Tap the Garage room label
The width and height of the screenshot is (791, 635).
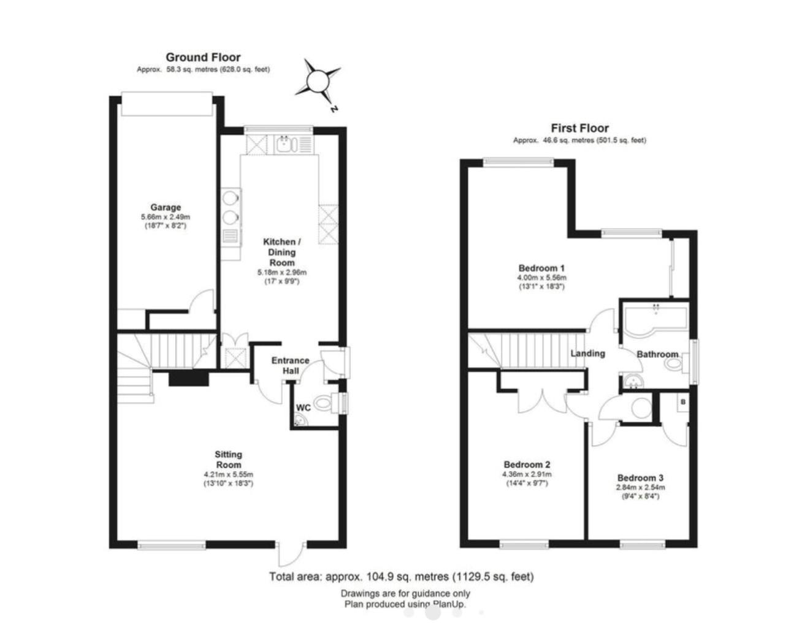tap(166, 207)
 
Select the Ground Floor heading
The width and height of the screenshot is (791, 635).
tap(203, 58)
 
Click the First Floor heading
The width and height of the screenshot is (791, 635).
tap(579, 128)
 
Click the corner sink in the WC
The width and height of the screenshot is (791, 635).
tap(300, 420)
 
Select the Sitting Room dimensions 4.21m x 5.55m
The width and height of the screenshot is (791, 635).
tap(228, 474)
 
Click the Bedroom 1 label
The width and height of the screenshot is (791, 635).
tap(541, 268)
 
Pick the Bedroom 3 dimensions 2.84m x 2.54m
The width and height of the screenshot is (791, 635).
tap(640, 488)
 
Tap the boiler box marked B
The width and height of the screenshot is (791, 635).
tap(683, 402)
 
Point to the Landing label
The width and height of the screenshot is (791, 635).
tap(587, 354)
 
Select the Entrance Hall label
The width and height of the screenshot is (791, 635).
tap(291, 366)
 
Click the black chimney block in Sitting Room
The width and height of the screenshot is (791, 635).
tap(189, 379)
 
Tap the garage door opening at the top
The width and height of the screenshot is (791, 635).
tap(167, 104)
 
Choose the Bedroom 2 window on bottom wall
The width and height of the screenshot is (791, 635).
tap(524, 544)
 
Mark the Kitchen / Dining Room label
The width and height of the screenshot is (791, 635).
tap(282, 252)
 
